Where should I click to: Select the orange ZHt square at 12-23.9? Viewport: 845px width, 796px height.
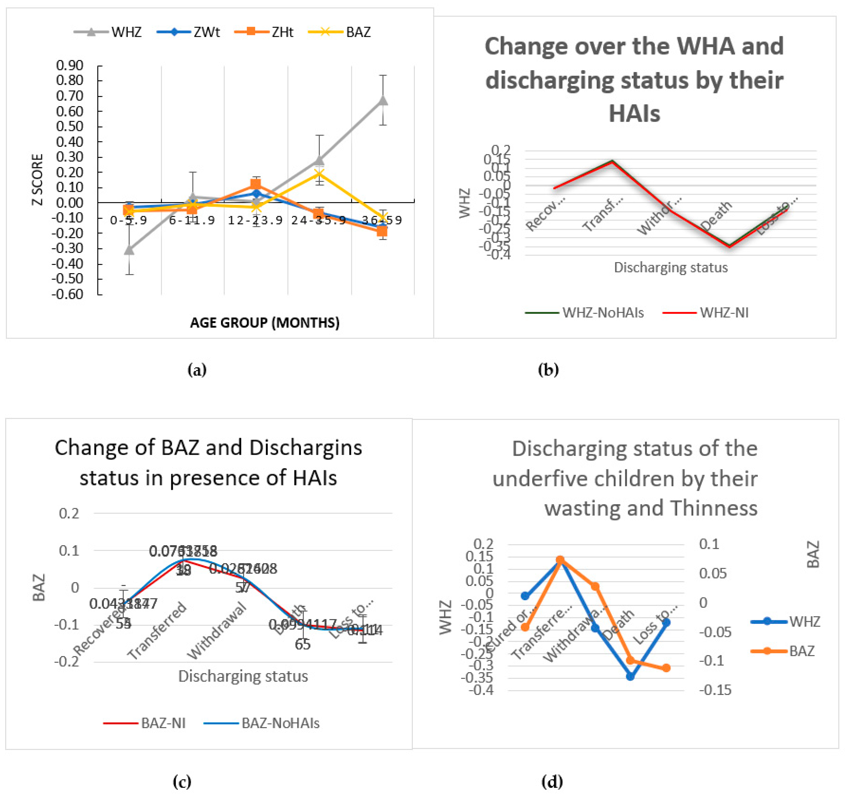click(256, 184)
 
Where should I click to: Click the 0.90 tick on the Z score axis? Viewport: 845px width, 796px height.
click(70, 65)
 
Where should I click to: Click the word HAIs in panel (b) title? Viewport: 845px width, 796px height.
click(634, 114)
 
